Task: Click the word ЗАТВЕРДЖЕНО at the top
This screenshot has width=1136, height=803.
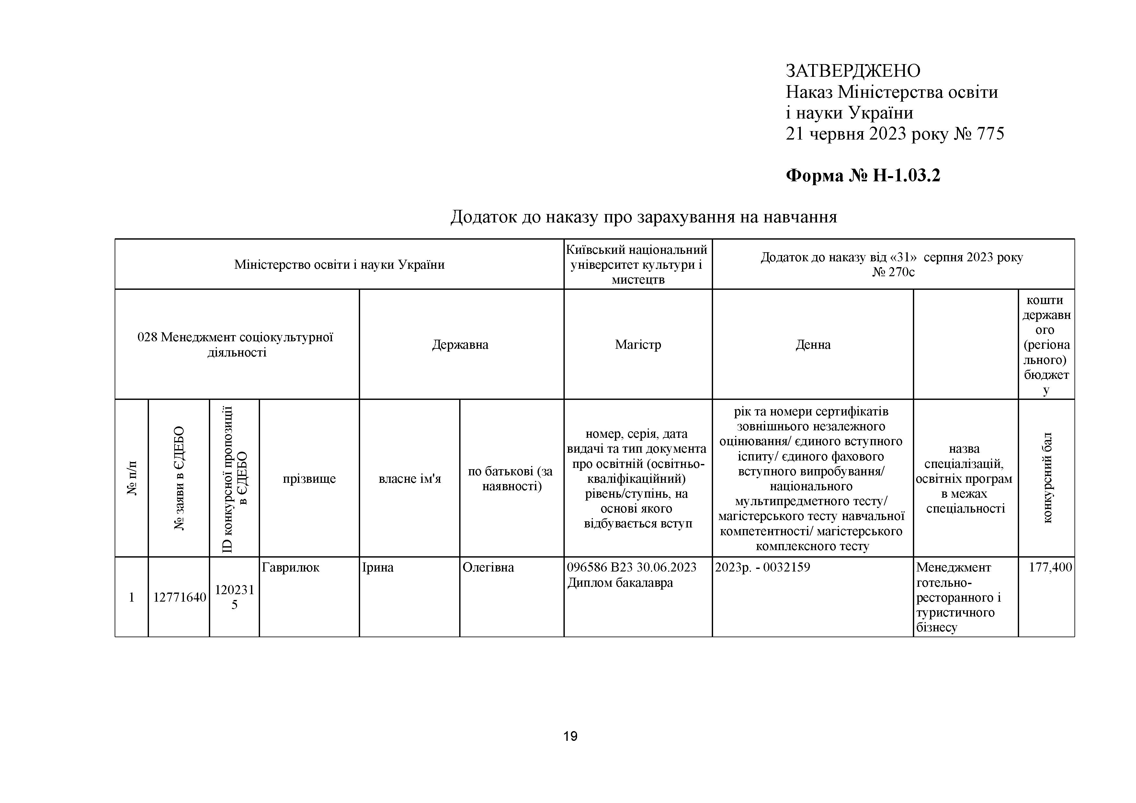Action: tap(853, 71)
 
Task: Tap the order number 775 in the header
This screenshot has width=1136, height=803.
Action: tap(990, 134)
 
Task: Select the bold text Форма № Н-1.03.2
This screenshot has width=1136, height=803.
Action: tap(863, 175)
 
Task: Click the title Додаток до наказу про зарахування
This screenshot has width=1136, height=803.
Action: tap(643, 217)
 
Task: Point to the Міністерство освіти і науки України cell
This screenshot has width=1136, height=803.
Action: tap(339, 265)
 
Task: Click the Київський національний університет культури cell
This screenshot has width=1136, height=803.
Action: tap(637, 264)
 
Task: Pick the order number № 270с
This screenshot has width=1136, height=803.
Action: tap(893, 272)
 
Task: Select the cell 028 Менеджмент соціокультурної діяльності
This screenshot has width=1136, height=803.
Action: tap(236, 345)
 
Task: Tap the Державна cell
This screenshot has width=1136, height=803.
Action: tap(460, 345)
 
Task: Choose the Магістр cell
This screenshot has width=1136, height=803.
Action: tap(637, 345)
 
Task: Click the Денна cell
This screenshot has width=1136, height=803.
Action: tap(813, 345)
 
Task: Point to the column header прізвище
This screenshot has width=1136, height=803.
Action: tap(309, 479)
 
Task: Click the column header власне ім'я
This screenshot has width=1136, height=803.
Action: tap(410, 479)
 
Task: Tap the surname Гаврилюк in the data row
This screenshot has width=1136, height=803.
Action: tap(290, 568)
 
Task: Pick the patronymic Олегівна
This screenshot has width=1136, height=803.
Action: tap(488, 568)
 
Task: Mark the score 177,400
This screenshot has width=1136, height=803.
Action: tap(1050, 568)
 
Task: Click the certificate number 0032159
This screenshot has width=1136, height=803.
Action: tap(787, 568)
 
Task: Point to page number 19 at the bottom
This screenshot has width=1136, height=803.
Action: tap(570, 736)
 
